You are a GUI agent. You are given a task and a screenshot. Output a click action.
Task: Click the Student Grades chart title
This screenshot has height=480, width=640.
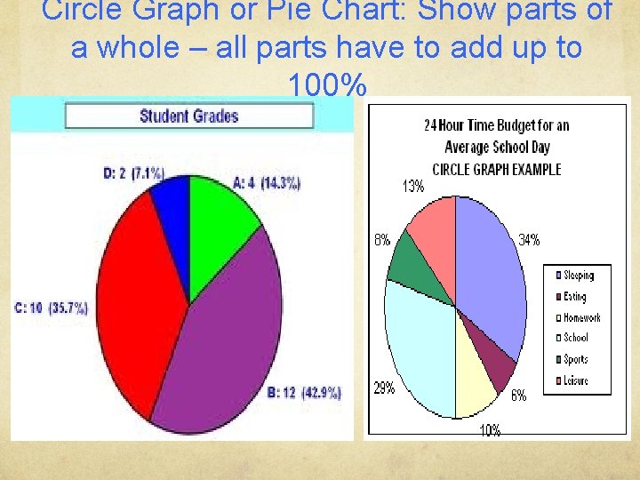[x=188, y=116]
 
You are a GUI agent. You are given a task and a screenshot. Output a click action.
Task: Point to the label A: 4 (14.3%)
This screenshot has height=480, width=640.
[x=267, y=183]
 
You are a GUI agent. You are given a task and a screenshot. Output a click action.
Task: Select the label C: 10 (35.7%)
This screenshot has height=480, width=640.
[x=51, y=308]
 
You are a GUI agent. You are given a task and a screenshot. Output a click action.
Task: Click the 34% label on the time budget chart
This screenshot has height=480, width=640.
[x=529, y=240]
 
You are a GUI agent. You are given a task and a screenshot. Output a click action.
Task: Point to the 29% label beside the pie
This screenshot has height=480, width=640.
[x=384, y=388]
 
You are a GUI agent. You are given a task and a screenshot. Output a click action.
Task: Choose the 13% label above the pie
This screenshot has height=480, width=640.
[x=413, y=187]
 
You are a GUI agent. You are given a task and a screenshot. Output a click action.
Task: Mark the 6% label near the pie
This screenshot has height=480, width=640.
[x=518, y=396]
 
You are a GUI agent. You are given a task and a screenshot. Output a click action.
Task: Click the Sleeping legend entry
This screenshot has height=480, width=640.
[x=578, y=276]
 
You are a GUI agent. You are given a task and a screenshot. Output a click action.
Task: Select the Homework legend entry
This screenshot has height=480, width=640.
[x=581, y=317]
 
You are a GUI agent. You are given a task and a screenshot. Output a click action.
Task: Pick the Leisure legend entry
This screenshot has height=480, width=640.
[x=575, y=380]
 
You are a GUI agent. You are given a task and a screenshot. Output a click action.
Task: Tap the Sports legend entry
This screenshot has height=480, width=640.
[x=575, y=359]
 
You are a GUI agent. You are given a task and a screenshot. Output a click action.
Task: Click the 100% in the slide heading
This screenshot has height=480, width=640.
[x=327, y=86]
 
